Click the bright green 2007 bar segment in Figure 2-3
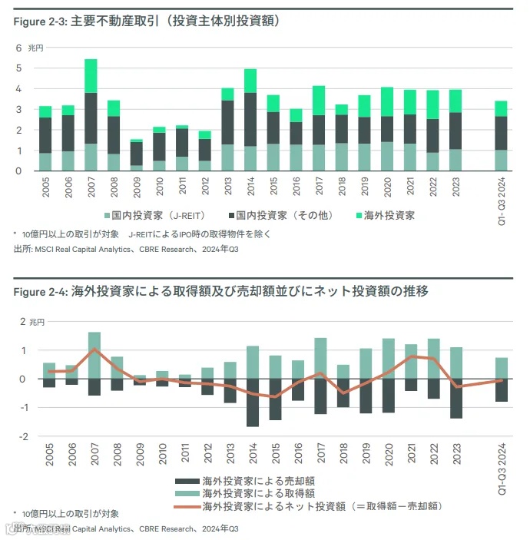pyautogui.click(x=91, y=75)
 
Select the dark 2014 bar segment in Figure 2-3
pyautogui.click(x=250, y=119)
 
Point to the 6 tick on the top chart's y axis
pyautogui.click(x=18, y=48)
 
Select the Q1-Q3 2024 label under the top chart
pyautogui.click(x=502, y=197)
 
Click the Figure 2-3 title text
pyautogui.click(x=146, y=22)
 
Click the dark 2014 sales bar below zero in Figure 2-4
pyautogui.click(x=252, y=403)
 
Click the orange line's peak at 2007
pyautogui.click(x=94, y=350)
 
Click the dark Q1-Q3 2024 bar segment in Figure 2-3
pyautogui.click(x=501, y=133)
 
